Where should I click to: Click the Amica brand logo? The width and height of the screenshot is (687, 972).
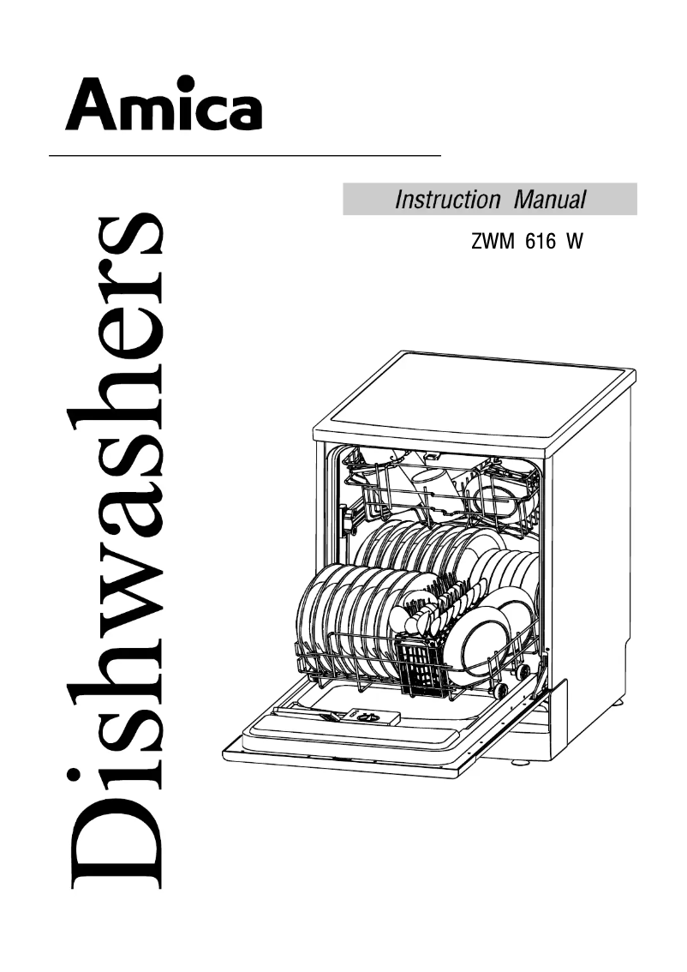pyautogui.click(x=164, y=104)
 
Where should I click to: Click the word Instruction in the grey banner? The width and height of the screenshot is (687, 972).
pyautogui.click(x=446, y=201)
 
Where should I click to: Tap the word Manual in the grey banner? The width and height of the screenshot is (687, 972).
pyautogui.click(x=550, y=201)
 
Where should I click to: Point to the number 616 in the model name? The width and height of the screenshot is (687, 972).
pyautogui.click(x=536, y=243)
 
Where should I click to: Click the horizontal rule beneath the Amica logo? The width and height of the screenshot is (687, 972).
pyautogui.click(x=244, y=156)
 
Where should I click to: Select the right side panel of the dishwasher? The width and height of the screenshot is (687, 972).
pyautogui.click(x=591, y=583)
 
